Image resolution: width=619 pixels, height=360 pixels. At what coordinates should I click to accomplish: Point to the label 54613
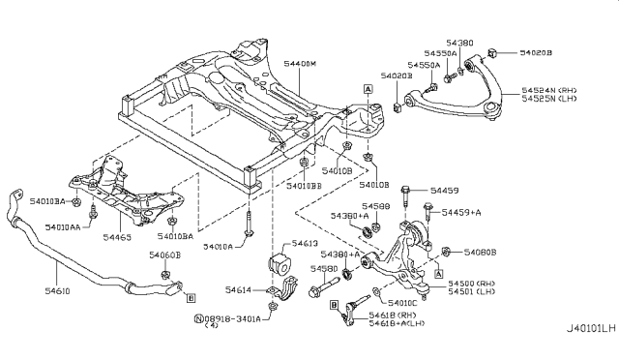pyautogui.click(x=305, y=244)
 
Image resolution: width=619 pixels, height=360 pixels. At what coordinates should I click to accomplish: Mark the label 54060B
pyautogui.click(x=164, y=255)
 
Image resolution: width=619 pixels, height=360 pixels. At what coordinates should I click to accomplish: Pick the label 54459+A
pyautogui.click(x=462, y=211)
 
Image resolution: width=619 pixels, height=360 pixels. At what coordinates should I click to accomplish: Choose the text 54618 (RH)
pyautogui.click(x=396, y=315)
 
